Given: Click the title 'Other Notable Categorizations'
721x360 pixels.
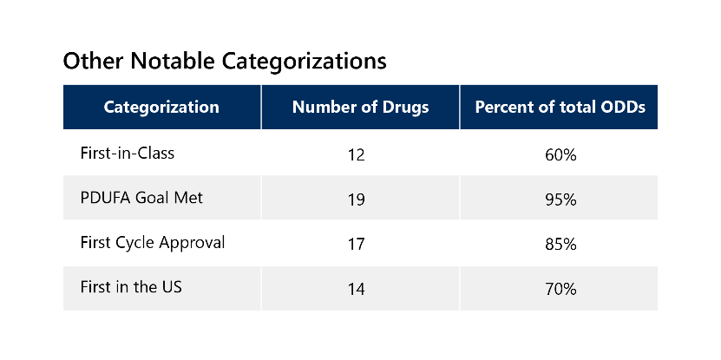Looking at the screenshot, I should (x=225, y=62).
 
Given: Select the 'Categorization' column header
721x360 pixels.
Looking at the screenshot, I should (x=161, y=108).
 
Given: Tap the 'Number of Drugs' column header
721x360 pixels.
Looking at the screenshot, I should (x=360, y=108).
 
